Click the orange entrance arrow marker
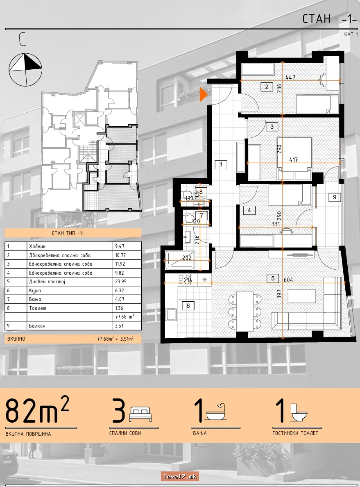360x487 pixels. pyautogui.click(x=203, y=94)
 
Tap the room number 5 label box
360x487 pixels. pyautogui.click(x=273, y=278)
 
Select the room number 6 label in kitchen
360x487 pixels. pyautogui.click(x=188, y=306)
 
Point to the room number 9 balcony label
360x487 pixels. pyautogui.click(x=335, y=197)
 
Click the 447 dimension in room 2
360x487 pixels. pyautogui.click(x=290, y=77)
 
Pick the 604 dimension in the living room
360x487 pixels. pyautogui.click(x=288, y=280)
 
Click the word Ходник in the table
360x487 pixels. pyautogui.click(x=37, y=246)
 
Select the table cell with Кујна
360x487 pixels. pyautogui.click(x=35, y=291)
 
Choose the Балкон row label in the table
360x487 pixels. pyautogui.click(x=37, y=326)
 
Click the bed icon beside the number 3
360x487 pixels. pyautogui.click(x=141, y=414)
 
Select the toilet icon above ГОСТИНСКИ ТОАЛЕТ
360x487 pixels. pyautogui.click(x=299, y=412)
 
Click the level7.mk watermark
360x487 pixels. pyautogui.click(x=180, y=476)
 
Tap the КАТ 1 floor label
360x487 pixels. pyautogui.click(x=351, y=34)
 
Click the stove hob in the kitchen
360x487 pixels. pyautogui.click(x=185, y=279)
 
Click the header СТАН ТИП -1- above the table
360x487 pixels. pyautogui.click(x=68, y=233)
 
